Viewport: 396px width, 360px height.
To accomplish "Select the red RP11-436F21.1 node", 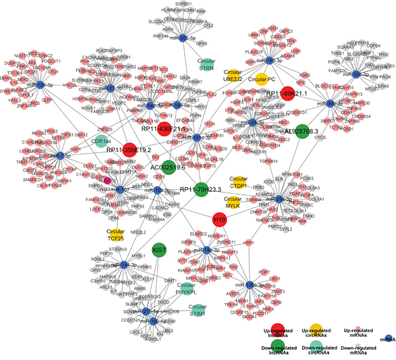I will coord(166,129).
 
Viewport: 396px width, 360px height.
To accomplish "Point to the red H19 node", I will coord(219,218).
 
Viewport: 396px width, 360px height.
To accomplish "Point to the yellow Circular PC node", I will coord(261,78).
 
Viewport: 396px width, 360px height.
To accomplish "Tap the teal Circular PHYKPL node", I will coord(189,289).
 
